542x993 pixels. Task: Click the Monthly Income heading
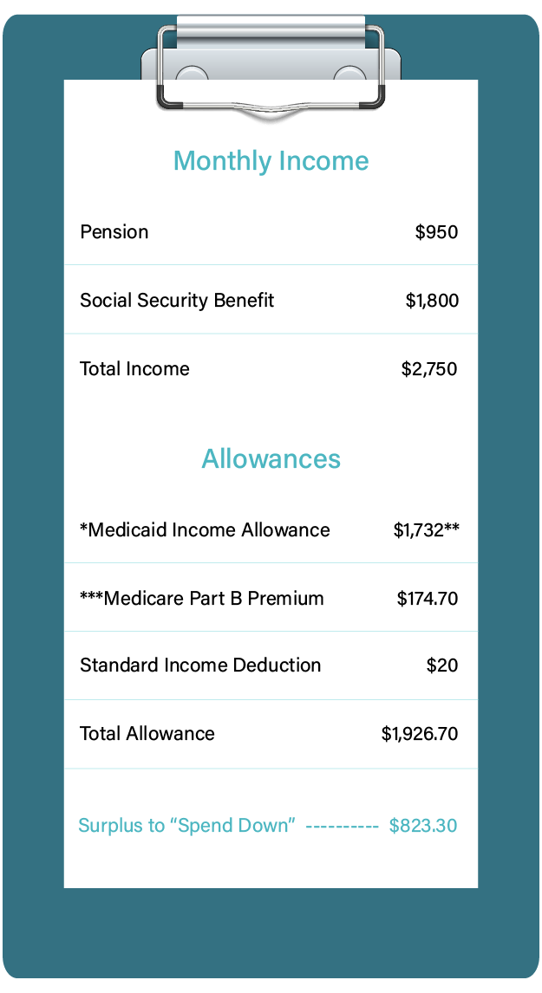click(x=271, y=161)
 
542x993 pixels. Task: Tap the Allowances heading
click(x=271, y=459)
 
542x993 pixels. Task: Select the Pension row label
click(x=114, y=232)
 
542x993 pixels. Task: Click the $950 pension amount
click(x=436, y=232)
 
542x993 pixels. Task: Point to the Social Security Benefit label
click(x=177, y=301)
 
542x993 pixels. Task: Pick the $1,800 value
click(x=432, y=301)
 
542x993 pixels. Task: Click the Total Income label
click(x=134, y=369)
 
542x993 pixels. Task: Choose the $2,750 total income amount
click(x=429, y=369)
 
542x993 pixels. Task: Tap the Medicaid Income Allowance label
click(x=205, y=530)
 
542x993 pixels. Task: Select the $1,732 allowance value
click(x=419, y=530)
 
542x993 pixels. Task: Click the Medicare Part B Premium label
click(x=202, y=599)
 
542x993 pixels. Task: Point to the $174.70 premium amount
click(x=428, y=599)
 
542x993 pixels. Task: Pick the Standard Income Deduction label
click(x=200, y=665)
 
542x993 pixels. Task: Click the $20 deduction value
click(x=442, y=665)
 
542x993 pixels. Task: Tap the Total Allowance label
click(x=147, y=734)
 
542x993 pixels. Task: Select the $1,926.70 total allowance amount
click(x=420, y=734)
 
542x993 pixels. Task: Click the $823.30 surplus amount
click(x=423, y=826)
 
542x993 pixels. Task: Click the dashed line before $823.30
click(x=343, y=827)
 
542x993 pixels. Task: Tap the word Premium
click(x=286, y=599)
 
